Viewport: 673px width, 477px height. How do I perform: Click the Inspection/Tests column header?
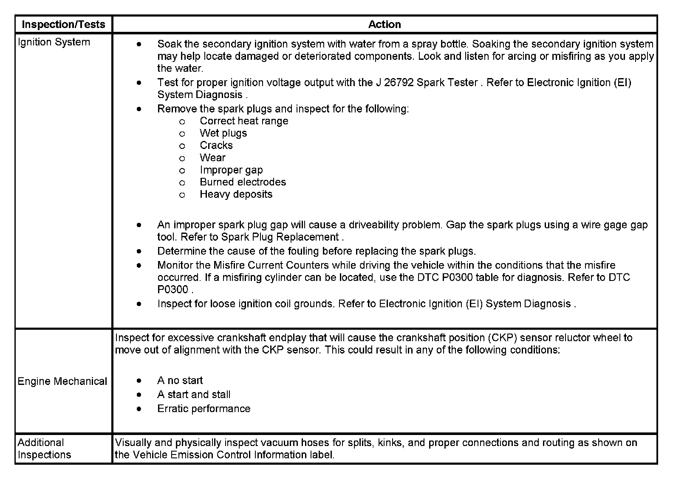click(x=63, y=24)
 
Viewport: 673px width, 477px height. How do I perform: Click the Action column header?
click(x=385, y=24)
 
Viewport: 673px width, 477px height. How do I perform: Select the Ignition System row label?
click(x=54, y=42)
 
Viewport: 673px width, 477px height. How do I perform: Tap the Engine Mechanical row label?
click(x=62, y=381)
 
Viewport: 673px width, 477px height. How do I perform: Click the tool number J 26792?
click(x=395, y=82)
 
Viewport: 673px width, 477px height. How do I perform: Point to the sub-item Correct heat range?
click(x=244, y=121)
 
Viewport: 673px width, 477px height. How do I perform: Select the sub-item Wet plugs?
click(x=223, y=133)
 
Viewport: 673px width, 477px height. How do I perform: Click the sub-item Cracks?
click(x=216, y=146)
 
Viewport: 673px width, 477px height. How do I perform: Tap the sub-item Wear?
click(x=212, y=158)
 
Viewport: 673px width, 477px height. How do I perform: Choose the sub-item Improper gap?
click(x=231, y=170)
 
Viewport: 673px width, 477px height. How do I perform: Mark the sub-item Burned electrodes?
click(x=243, y=182)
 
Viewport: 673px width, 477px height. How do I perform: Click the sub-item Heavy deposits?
click(x=236, y=194)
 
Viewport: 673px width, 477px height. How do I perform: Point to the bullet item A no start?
click(x=180, y=380)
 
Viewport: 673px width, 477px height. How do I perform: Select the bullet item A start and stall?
click(x=194, y=394)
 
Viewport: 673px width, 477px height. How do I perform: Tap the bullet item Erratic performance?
click(x=204, y=409)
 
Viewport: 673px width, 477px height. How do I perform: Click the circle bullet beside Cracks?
click(x=182, y=146)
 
